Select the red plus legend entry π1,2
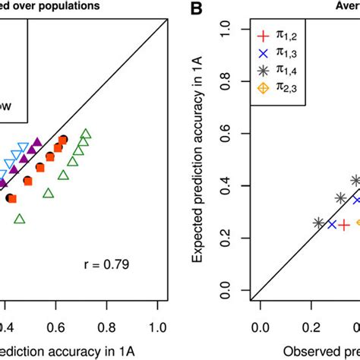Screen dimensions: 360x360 (x=264, y=35)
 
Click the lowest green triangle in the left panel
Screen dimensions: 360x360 (x=20, y=219)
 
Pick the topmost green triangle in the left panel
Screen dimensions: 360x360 (x=86, y=135)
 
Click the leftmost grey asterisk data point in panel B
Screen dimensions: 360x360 (x=319, y=223)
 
